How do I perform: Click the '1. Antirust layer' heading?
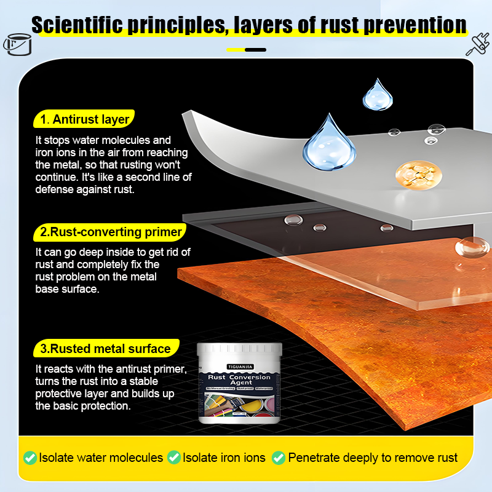84,119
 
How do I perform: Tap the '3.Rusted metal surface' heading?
105,349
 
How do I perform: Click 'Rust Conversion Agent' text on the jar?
240,379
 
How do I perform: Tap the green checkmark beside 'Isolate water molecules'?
30,458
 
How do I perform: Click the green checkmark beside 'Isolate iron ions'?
173,458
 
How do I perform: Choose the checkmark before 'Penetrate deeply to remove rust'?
279,458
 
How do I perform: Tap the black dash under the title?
256,49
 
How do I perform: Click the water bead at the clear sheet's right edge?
470,247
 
